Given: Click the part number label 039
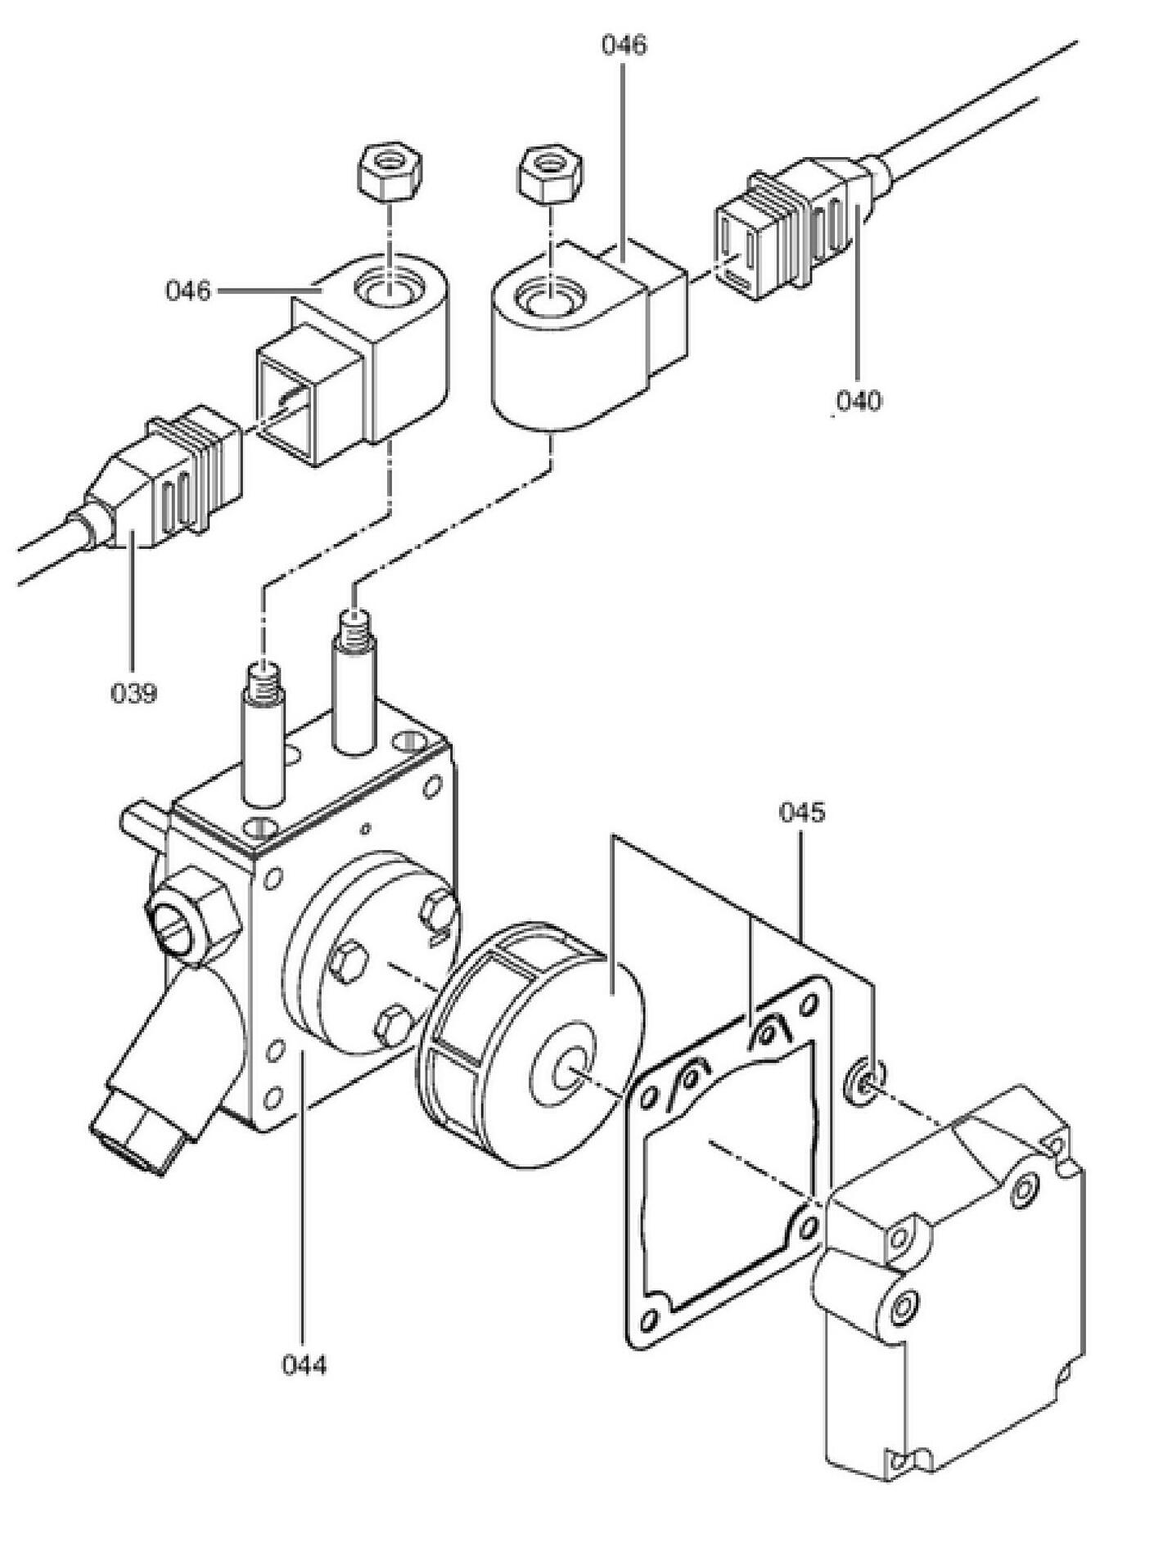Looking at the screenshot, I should click(x=133, y=694).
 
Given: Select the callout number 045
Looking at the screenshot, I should click(x=802, y=812).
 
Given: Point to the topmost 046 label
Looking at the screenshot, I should click(x=624, y=45).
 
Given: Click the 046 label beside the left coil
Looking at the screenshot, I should click(x=188, y=290).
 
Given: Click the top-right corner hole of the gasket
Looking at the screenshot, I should click(x=810, y=1003).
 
